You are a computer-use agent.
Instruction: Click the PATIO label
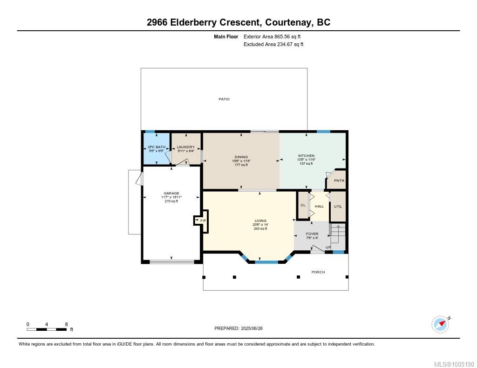tap(224, 99)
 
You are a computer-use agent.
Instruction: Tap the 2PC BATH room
tap(157, 149)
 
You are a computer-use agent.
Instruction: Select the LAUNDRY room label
tap(185, 147)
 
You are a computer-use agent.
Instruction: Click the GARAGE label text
tap(171, 193)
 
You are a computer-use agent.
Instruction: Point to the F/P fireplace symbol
tap(201, 221)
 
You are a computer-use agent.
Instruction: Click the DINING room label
tap(241, 157)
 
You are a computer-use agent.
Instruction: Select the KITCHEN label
tap(306, 155)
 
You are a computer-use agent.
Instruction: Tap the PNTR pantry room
tap(336, 179)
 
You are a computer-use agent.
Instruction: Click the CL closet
tap(303, 205)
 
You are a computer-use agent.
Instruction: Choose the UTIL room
tap(338, 207)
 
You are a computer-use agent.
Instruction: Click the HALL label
tap(319, 207)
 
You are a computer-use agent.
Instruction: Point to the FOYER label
tap(312, 234)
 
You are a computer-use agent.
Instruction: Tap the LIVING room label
tap(260, 221)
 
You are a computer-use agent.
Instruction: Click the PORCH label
tap(318, 272)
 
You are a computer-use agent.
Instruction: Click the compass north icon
tap(441, 325)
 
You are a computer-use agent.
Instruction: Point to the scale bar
tap(47, 329)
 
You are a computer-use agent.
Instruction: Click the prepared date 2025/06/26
tap(252, 328)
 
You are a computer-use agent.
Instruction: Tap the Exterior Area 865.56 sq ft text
tap(272, 36)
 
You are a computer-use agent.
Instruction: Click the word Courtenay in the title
tap(288, 22)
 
